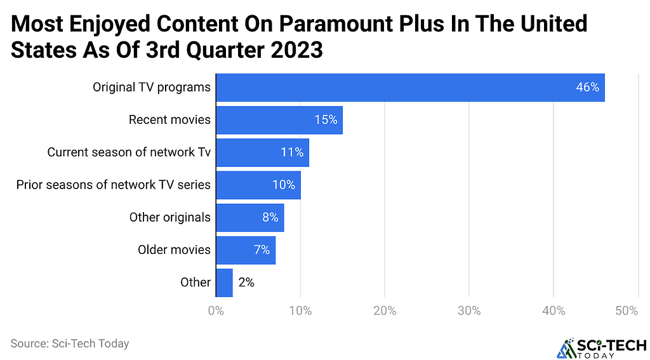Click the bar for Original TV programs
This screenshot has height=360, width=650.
click(410, 87)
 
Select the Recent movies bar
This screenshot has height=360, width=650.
click(279, 119)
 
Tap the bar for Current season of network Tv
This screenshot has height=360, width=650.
click(262, 152)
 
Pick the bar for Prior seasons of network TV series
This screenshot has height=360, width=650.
click(258, 185)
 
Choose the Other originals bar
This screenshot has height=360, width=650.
click(249, 217)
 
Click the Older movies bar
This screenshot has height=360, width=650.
click(246, 250)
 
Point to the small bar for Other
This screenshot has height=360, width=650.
click(224, 283)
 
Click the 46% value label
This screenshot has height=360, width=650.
click(587, 88)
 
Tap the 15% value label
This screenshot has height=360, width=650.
click(325, 120)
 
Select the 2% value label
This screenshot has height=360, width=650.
click(246, 283)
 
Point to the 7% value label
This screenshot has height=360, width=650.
click(262, 250)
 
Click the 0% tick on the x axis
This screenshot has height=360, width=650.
click(216, 311)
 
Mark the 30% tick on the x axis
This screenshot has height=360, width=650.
click(469, 311)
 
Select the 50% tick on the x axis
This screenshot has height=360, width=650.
click(626, 311)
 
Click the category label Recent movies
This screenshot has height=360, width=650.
click(169, 120)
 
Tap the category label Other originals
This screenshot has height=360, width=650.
click(169, 217)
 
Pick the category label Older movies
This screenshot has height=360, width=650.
click(174, 250)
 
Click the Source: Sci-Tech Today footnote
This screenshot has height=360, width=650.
click(70, 343)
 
